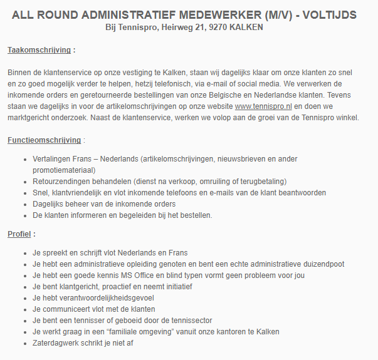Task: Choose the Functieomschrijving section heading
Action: tap(44, 140)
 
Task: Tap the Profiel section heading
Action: tap(20, 234)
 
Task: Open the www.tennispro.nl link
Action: tap(264, 106)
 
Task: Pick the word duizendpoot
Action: tap(320, 264)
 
